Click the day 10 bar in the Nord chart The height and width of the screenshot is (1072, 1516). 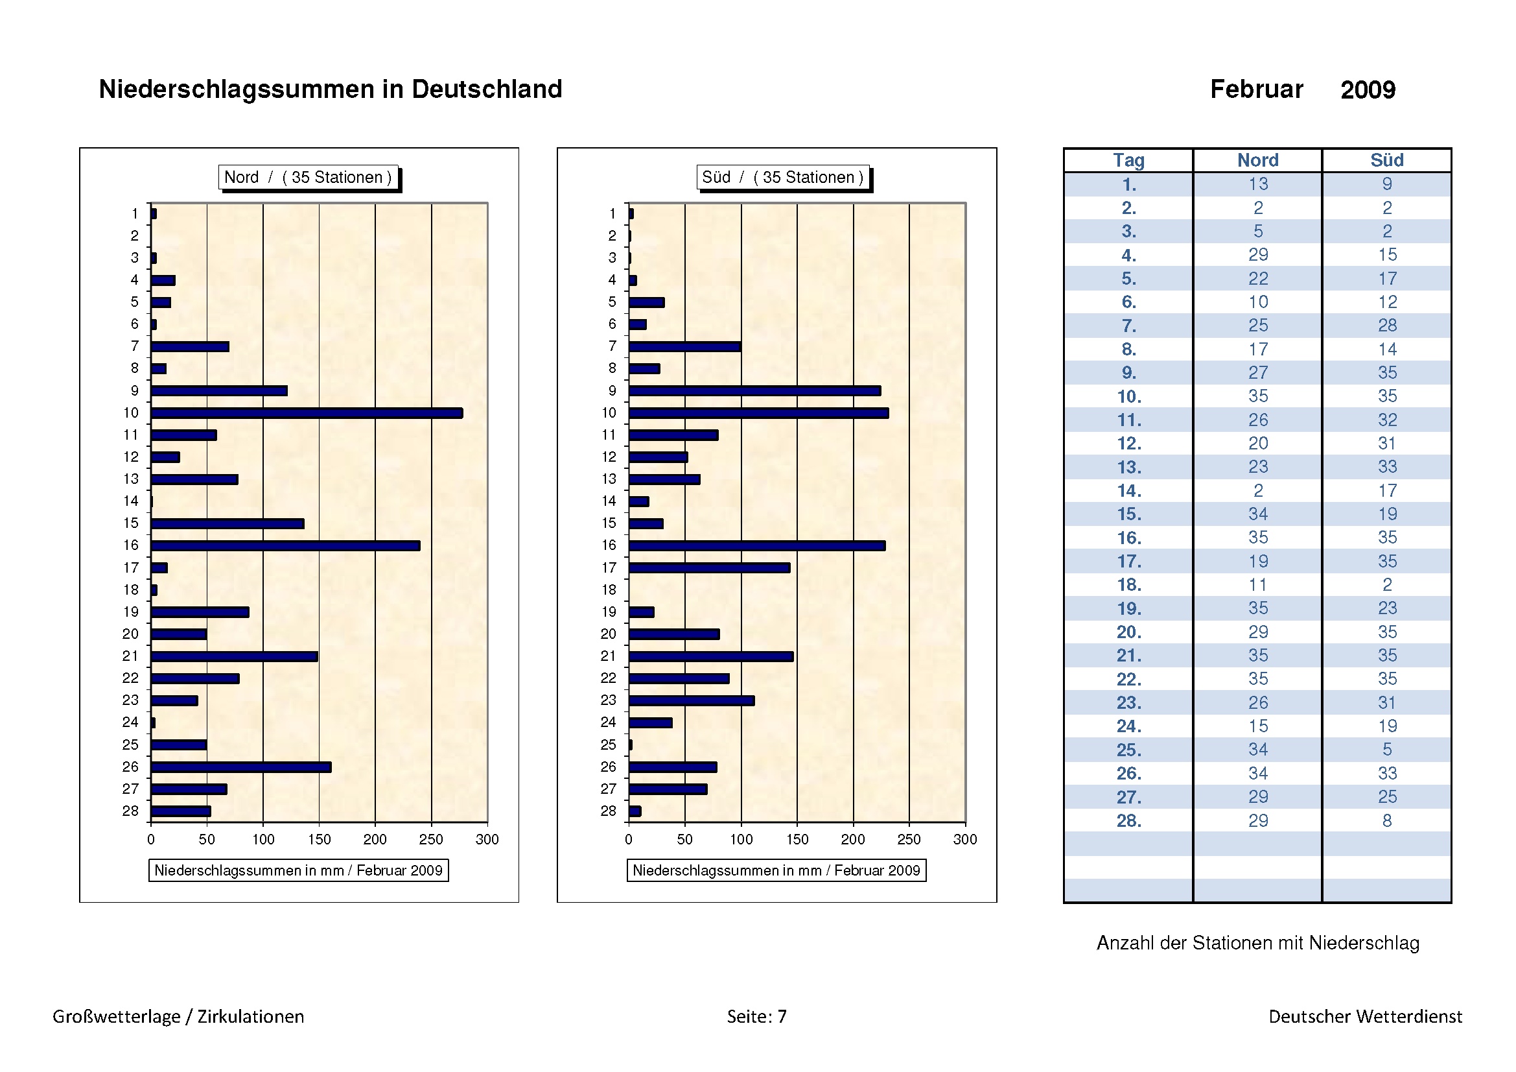[307, 413]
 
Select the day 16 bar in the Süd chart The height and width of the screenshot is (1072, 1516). [756, 545]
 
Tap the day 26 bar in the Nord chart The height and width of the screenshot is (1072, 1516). [241, 767]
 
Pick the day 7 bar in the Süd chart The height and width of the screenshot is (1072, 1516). [684, 347]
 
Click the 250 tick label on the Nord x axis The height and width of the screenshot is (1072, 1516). [431, 839]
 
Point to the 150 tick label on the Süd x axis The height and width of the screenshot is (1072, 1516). [797, 839]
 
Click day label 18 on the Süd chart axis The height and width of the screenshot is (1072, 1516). [608, 590]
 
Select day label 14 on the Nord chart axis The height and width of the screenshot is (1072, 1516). [131, 501]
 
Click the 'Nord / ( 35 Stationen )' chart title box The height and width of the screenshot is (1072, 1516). [309, 177]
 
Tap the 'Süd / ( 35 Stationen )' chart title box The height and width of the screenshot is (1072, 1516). [782, 177]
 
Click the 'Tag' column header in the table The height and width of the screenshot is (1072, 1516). [1128, 160]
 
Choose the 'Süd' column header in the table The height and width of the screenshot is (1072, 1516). [1386, 160]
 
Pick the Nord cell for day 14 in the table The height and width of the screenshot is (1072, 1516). [1258, 491]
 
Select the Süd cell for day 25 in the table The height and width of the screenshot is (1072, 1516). [1386, 750]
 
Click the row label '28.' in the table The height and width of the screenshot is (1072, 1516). [1128, 820]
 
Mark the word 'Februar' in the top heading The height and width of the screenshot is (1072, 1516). [1256, 89]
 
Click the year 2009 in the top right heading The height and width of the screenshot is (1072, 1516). [1368, 90]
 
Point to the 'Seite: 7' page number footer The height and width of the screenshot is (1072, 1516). [756, 1016]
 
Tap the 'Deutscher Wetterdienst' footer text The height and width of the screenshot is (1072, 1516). [1365, 1016]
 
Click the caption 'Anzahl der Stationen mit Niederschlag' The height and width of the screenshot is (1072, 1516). [1258, 942]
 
